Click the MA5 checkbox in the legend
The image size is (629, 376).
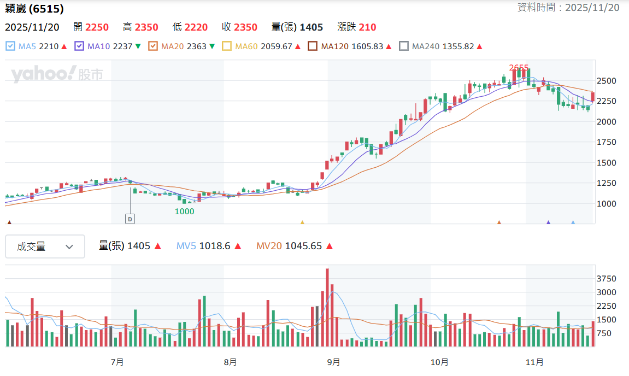click(x=10, y=46)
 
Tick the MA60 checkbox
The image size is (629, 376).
click(x=227, y=46)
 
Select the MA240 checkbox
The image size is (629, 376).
click(x=404, y=46)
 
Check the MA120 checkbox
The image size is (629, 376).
click(x=313, y=46)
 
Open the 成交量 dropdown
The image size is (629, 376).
click(x=45, y=246)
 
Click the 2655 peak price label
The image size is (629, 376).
click(x=519, y=67)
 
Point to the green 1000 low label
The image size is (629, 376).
click(x=185, y=211)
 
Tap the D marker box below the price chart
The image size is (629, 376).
click(x=130, y=219)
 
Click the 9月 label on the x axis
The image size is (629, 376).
click(x=333, y=362)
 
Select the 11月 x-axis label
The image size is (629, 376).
click(x=534, y=362)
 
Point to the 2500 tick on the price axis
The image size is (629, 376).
click(x=606, y=81)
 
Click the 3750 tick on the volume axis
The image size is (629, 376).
click(x=606, y=279)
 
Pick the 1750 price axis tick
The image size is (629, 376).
click(x=606, y=142)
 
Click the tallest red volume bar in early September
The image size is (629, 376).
click(x=327, y=307)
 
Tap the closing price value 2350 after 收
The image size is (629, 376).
click(x=245, y=27)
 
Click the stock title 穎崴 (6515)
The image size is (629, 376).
click(x=34, y=8)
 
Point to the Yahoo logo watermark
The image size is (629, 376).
click(x=57, y=74)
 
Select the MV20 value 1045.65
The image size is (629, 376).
click(x=303, y=246)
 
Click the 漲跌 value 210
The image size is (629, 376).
click(x=367, y=27)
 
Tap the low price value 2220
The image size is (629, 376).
click(x=196, y=27)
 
